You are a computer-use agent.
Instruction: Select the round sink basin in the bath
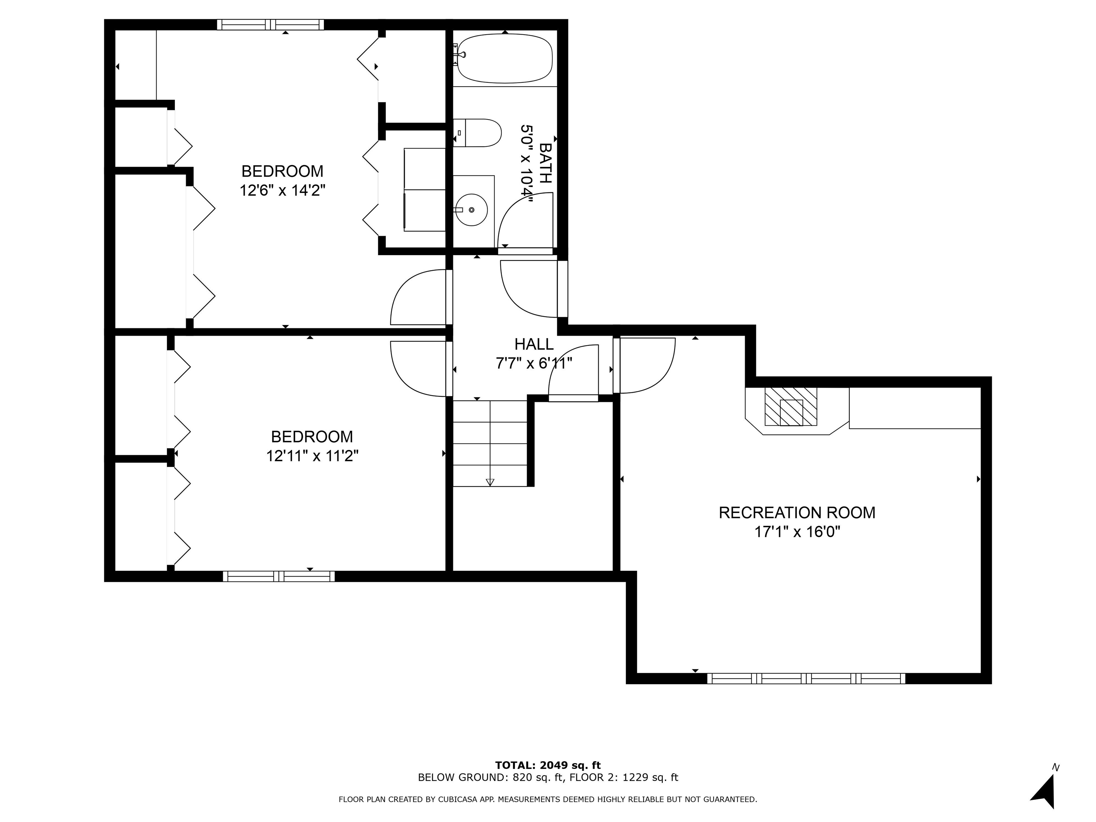(x=471, y=209)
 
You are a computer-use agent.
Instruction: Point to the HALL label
(x=534, y=344)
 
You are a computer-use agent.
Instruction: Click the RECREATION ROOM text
(x=797, y=512)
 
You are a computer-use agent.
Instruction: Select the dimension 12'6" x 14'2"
(x=283, y=190)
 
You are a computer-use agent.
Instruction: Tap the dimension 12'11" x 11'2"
(x=312, y=456)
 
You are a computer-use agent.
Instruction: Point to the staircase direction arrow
(x=490, y=482)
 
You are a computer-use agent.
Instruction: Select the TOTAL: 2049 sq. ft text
(x=548, y=766)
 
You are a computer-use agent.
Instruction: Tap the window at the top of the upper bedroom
(x=270, y=24)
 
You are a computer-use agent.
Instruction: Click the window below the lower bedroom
(x=278, y=576)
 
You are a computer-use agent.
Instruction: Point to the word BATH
(x=545, y=163)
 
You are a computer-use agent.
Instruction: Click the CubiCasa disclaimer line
(x=548, y=799)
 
